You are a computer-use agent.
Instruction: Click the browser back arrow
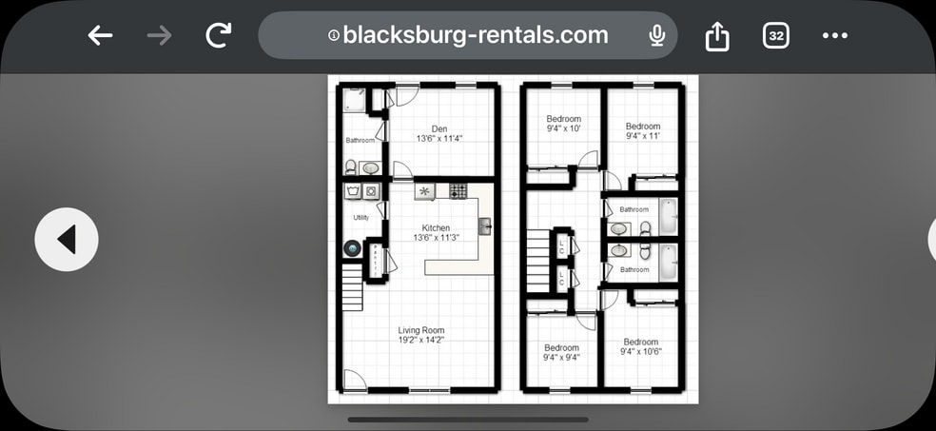(100, 36)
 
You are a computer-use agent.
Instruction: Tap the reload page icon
(219, 36)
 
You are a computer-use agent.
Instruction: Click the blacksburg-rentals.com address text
(475, 35)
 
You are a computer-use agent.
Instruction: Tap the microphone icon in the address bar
(656, 36)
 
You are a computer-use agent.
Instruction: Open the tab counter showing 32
(776, 36)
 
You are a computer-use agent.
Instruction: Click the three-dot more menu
(834, 36)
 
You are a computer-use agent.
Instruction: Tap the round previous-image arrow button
(67, 240)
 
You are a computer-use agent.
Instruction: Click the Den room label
(439, 133)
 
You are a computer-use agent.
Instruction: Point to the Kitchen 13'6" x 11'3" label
(436, 232)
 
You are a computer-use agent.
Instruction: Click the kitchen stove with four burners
(458, 191)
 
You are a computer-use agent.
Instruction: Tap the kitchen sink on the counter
(484, 226)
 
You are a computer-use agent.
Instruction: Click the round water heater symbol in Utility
(352, 249)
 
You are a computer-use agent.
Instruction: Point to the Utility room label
(361, 218)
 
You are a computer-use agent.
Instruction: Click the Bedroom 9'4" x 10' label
(563, 124)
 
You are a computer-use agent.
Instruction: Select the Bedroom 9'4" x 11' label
(642, 131)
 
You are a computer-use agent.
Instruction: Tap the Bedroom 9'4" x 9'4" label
(561, 353)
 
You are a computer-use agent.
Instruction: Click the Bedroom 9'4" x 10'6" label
(640, 346)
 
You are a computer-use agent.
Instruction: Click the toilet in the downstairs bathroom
(350, 167)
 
